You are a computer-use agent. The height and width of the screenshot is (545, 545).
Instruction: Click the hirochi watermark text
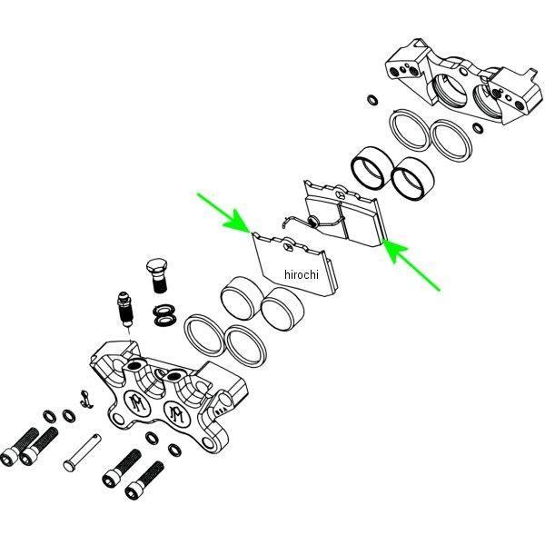301,274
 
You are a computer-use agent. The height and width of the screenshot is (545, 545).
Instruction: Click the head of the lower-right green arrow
393,249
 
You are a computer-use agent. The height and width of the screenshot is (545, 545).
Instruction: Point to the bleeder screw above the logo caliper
126,309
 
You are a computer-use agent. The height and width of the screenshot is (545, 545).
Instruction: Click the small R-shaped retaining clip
85,399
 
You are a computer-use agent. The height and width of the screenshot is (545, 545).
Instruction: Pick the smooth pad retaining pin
82,452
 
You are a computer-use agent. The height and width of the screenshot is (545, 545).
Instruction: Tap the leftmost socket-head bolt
19,447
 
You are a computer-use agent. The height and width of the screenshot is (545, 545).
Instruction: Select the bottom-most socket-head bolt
144,481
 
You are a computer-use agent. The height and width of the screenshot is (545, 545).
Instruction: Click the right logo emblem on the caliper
177,413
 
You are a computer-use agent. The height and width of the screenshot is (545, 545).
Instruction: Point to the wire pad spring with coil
312,222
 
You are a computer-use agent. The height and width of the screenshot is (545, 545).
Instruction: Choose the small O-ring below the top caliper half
478,128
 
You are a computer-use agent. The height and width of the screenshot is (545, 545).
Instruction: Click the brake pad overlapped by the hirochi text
295,265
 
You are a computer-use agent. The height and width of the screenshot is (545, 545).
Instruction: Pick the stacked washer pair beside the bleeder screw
164,314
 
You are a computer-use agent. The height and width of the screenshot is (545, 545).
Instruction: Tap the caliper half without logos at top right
464,82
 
